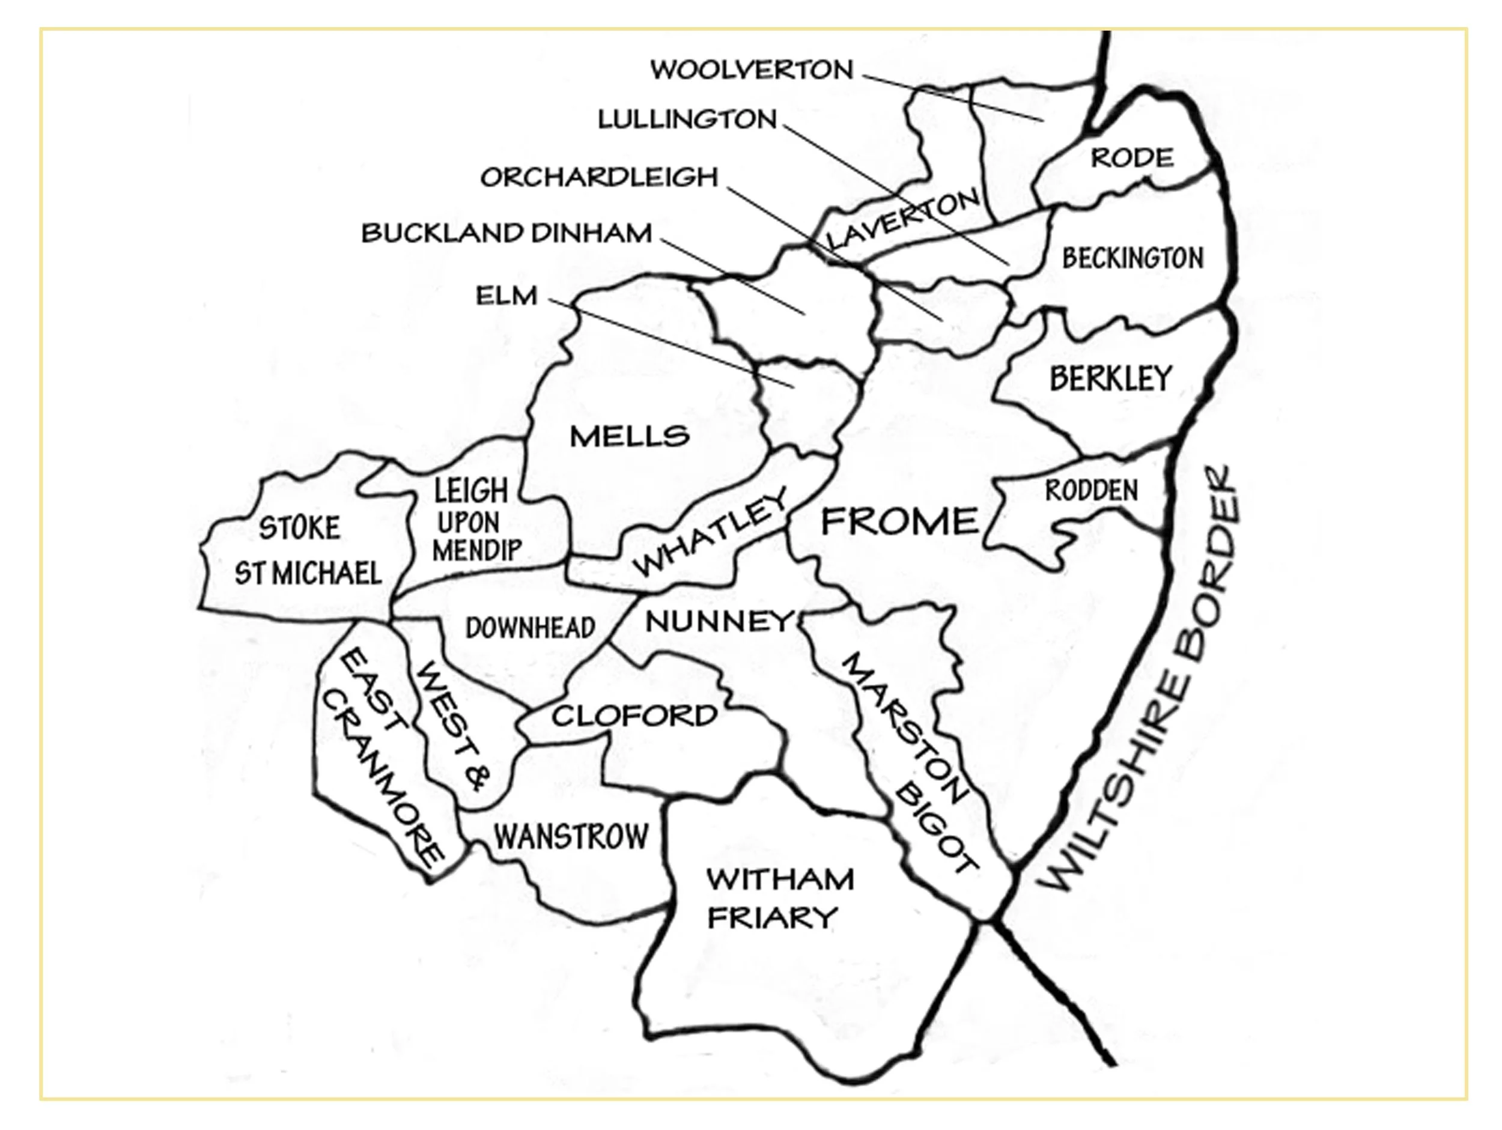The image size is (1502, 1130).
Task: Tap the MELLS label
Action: [x=630, y=436]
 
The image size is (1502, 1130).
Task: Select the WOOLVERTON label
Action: [x=752, y=70]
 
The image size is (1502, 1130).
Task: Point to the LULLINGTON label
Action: [x=687, y=120]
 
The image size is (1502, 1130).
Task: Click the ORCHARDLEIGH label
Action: [x=599, y=177]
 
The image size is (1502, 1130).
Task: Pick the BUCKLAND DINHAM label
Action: [x=506, y=234]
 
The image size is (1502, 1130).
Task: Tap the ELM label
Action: [x=506, y=296]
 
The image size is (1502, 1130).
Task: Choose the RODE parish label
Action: [x=1132, y=157]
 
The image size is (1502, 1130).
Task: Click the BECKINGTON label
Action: [x=1133, y=258]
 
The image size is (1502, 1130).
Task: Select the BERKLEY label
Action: [x=1111, y=378]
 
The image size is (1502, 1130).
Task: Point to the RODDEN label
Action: [x=1091, y=490]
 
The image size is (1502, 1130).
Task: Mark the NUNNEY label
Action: [x=719, y=620]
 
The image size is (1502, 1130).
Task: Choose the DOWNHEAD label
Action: [x=531, y=628]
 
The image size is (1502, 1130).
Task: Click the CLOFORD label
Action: [x=634, y=715]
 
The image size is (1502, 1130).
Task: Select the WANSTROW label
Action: [x=571, y=837]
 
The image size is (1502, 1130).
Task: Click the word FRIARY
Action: [x=772, y=918]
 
